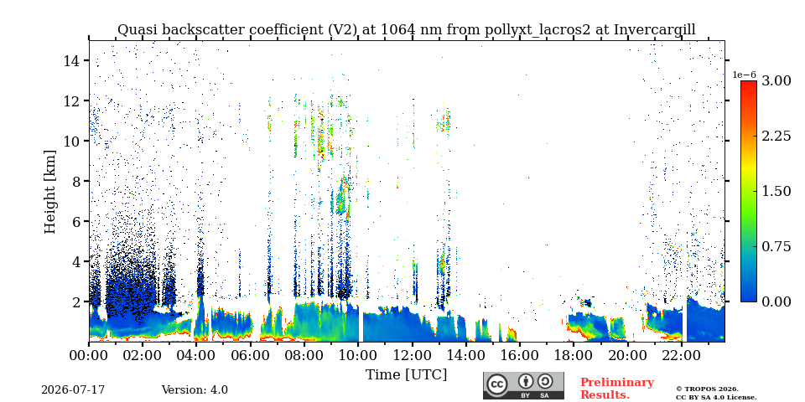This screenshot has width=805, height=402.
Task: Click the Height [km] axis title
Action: (x=49, y=192)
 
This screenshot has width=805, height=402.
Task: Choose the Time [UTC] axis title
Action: (x=406, y=375)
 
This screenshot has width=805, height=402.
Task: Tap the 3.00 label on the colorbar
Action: (x=776, y=81)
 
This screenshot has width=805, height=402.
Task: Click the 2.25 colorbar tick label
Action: (x=776, y=136)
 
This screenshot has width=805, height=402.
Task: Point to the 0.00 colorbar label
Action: (x=776, y=301)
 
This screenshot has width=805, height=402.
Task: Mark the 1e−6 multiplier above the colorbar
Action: (x=744, y=75)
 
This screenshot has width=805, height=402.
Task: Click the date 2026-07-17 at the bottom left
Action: (x=73, y=390)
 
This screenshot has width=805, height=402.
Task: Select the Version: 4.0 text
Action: (x=195, y=390)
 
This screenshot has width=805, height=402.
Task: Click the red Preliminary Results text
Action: (x=617, y=389)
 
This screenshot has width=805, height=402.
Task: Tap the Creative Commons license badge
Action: (x=523, y=385)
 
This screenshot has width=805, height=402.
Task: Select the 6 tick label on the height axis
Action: (x=77, y=221)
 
